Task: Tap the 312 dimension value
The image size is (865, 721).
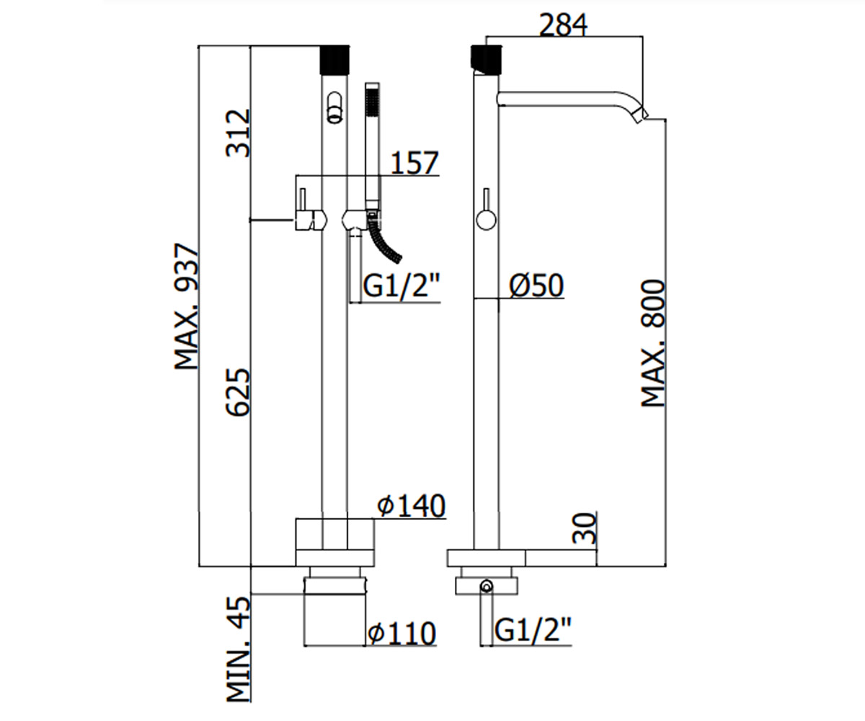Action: tap(239, 133)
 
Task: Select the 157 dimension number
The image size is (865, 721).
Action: tap(414, 163)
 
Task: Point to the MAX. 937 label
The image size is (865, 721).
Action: tap(187, 306)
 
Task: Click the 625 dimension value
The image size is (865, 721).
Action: tap(239, 392)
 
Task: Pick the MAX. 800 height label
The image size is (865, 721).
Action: tap(653, 343)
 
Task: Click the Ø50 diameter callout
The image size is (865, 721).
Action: tap(537, 285)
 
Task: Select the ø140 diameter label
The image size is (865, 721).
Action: tap(412, 506)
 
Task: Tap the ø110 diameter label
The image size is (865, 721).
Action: tap(402, 633)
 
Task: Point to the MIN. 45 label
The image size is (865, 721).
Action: tap(239, 649)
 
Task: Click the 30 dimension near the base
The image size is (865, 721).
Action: tap(584, 528)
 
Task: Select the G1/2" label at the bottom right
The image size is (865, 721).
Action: tap(533, 629)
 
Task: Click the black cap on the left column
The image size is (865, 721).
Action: tap(334, 60)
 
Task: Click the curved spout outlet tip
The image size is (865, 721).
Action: tap(642, 115)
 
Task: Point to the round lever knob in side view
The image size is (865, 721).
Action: tap(486, 219)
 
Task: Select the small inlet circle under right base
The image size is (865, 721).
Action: tap(487, 587)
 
